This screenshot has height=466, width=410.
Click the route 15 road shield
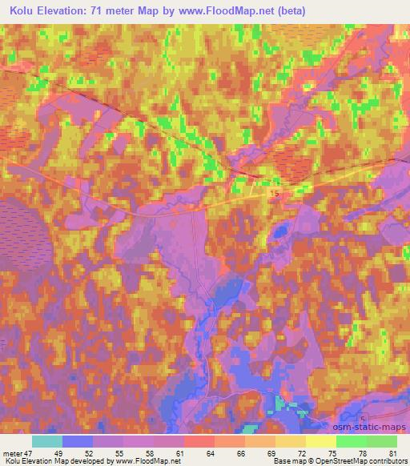pyautogui.click(x=275, y=195)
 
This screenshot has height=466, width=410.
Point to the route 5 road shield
pyautogui.click(x=363, y=420)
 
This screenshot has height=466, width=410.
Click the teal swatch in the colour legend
pyautogui.click(x=47, y=441)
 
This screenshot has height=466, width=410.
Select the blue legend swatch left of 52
pyautogui.click(x=77, y=441)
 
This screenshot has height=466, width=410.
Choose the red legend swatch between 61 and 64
pyautogui.click(x=198, y=441)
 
